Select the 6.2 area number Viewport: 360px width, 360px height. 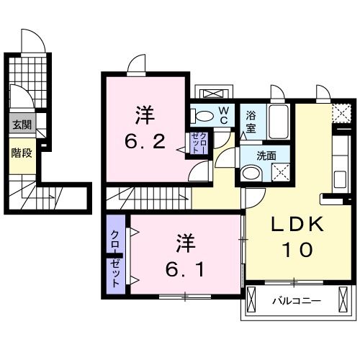tap(149, 140)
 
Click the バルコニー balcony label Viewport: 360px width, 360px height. tap(297, 300)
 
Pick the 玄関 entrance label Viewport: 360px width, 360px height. tap(20, 125)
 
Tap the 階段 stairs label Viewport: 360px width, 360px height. tap(20, 153)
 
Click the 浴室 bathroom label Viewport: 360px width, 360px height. tap(251, 121)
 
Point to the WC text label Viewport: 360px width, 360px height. tap(223, 114)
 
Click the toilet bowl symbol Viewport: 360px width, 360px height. tap(203, 114)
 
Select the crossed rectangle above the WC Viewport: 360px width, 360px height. tap(213, 94)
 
